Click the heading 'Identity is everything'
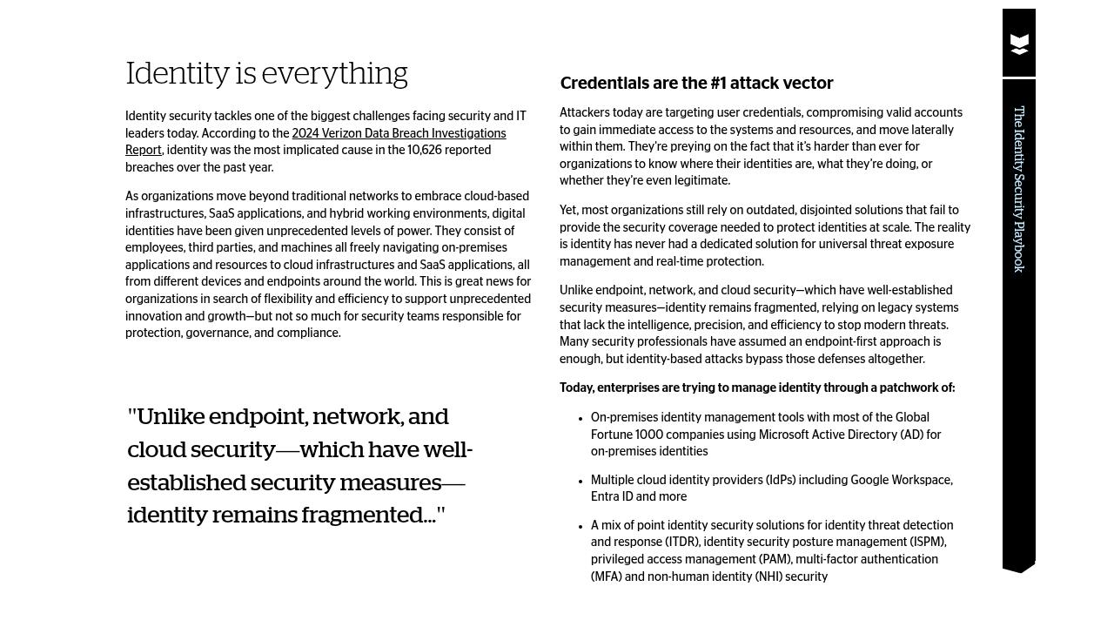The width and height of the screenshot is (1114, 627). pos(266,74)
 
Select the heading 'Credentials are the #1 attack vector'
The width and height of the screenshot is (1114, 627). pos(696,84)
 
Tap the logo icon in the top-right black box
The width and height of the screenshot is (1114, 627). pos(1019,44)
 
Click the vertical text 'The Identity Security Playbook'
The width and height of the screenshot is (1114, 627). pos(1019,189)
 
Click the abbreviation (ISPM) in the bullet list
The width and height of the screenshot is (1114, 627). pos(925,543)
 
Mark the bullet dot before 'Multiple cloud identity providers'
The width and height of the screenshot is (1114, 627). pos(580,481)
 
